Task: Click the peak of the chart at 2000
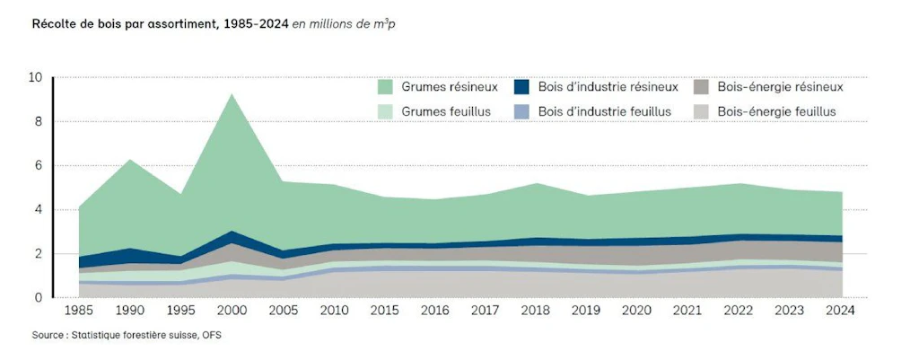[232, 94]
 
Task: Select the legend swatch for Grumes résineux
[385, 87]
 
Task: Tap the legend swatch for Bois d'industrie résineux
[521, 87]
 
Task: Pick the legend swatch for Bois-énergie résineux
[701, 87]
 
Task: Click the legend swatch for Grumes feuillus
[385, 111]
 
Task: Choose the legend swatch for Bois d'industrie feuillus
[521, 111]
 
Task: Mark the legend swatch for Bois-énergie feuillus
[701, 111]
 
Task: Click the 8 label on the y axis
[39, 121]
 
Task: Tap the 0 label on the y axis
[39, 298]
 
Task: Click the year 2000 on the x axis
[232, 311]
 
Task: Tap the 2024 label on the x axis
[841, 311]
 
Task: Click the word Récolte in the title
[53, 24]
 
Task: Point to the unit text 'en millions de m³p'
[344, 24]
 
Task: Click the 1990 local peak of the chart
[131, 160]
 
